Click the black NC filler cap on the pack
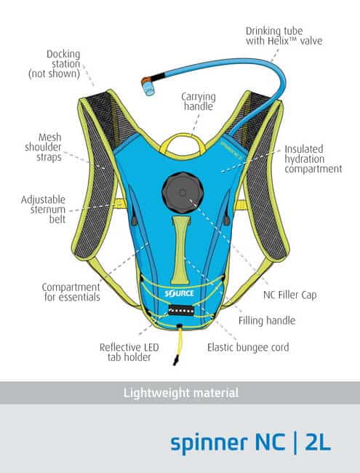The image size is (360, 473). point(183,193)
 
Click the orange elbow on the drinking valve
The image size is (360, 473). point(146,80)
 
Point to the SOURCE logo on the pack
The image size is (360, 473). point(179,293)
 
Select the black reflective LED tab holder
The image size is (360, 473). point(181,311)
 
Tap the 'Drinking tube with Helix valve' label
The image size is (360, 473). point(284,36)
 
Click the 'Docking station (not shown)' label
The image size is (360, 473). point(55,64)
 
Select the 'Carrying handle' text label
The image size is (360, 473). point(199,102)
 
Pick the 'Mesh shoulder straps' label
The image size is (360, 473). point(43,147)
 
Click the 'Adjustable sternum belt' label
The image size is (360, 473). point(43,210)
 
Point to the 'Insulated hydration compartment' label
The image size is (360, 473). point(313,159)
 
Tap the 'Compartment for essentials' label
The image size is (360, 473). point(71,292)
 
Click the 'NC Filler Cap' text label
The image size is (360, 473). point(289,295)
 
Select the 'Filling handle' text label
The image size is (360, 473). point(267,320)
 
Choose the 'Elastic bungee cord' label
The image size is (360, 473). point(248,347)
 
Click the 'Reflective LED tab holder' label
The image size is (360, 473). point(129,352)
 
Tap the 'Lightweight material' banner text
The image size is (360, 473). point(181,393)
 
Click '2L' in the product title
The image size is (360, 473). point(318,443)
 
